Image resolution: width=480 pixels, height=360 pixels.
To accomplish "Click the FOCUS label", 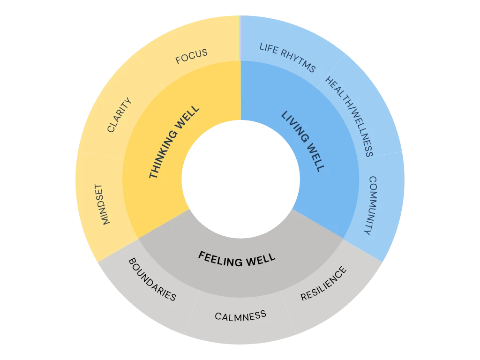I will coord(191,57).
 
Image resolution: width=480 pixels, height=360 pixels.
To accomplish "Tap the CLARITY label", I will coord(119,115).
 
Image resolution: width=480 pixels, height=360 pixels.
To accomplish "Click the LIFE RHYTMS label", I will coord(287,58).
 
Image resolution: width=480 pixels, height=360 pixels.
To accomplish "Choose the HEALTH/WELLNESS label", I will coord(349,116).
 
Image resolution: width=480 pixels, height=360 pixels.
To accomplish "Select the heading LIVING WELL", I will coord(302,141).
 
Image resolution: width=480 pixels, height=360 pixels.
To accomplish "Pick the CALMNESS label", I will coord(240,315).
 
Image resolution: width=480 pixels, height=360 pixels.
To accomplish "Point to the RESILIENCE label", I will coord(324,284).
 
